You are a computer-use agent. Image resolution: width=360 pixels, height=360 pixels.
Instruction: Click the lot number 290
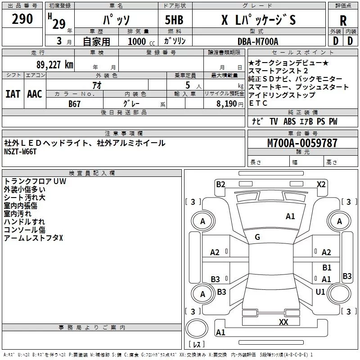pos(22,19)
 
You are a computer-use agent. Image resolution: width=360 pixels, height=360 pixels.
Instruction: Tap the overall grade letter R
pos(343,20)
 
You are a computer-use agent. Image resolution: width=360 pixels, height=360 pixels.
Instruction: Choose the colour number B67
pos(75,104)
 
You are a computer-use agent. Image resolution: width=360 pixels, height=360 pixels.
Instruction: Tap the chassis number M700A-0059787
pos(302,143)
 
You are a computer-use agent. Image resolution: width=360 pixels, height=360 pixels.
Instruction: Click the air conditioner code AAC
pos(35,94)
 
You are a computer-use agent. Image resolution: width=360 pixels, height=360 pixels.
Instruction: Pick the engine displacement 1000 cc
pos(138,41)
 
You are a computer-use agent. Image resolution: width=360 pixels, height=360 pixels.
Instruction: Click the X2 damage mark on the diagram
pos(321,184)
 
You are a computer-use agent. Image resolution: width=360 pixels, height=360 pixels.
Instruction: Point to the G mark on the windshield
pos(257,237)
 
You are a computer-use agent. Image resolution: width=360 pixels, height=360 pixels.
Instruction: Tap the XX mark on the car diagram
pos(283,322)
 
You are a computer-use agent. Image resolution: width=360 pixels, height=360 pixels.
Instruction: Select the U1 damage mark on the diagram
pos(320,292)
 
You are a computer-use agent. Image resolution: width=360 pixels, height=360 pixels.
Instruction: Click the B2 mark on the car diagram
pos(220,184)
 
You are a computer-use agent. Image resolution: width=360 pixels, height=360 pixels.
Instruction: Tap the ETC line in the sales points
pos(258,103)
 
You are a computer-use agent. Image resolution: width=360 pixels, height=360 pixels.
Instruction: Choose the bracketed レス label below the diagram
pos(197,345)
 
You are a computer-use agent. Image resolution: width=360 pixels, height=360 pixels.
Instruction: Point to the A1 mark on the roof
pos(290,216)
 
